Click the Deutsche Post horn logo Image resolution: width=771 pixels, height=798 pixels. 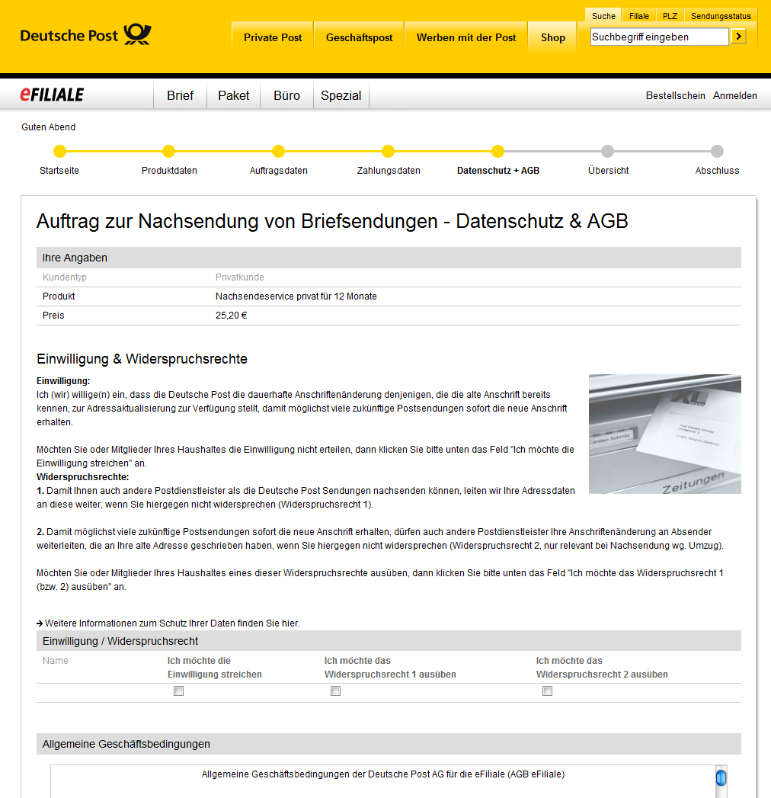pyautogui.click(x=138, y=35)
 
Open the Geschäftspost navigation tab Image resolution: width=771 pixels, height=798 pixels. pyautogui.click(x=359, y=37)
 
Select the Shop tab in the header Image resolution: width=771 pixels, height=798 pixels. pyautogui.click(x=553, y=37)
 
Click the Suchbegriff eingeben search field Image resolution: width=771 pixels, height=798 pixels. pyautogui.click(x=659, y=37)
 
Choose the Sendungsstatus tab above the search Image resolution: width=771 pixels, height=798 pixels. pyautogui.click(x=721, y=16)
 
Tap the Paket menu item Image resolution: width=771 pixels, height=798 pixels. pyautogui.click(x=233, y=95)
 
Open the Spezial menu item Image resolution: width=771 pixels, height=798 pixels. pyautogui.click(x=341, y=95)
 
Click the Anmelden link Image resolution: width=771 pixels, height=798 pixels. pyautogui.click(x=734, y=95)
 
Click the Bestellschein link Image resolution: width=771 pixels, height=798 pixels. pyautogui.click(x=675, y=95)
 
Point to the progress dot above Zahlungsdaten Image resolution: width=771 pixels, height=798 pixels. pyautogui.click(x=388, y=151)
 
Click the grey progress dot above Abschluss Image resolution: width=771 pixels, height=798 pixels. pyautogui.click(x=717, y=151)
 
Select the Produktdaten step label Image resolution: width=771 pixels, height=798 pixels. pyautogui.click(x=169, y=171)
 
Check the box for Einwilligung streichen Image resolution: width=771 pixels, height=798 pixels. pyautogui.click(x=179, y=691)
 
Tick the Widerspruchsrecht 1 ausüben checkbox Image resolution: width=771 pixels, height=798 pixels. pyautogui.click(x=335, y=691)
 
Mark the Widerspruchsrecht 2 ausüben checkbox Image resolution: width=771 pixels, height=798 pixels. pyautogui.click(x=547, y=691)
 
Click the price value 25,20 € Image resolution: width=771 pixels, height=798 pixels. pyautogui.click(x=231, y=316)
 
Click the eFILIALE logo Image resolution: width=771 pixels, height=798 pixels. pyautogui.click(x=52, y=95)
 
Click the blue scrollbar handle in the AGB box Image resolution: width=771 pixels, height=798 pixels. pyautogui.click(x=721, y=778)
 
